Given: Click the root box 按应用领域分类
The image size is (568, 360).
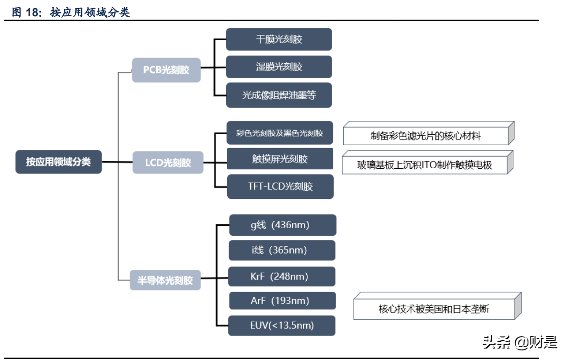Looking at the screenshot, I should coord(58,162).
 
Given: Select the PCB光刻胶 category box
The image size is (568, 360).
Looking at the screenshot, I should coord(166,70).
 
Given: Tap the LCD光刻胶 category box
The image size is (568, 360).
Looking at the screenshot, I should coord(168,163).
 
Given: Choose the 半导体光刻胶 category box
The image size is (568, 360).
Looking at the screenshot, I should coord(165,280).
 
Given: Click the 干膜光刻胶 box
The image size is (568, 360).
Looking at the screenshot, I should coord(279,39).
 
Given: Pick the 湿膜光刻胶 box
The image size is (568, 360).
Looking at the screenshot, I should coord(279,67).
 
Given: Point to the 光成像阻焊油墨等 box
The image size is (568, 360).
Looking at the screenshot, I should coord(279,95).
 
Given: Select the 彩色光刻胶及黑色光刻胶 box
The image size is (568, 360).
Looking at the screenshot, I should coord(279,133).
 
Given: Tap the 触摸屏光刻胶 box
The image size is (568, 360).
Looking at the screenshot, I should coord(280,159).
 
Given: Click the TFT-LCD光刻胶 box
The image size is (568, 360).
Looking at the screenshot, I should coord(280,186).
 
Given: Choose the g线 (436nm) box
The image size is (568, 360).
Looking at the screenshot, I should coord(282,225).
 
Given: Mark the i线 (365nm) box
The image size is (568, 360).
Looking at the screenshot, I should coord(282,250).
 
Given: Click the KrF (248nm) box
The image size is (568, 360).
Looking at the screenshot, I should coord(282,277).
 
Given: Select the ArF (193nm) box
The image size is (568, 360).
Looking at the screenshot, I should coord(282,301).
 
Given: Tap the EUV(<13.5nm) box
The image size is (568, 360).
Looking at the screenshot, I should coord(282,325).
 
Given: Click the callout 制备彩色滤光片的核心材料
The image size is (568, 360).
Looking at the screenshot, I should coord(426,136).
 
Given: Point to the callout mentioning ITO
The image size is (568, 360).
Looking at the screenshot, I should coord(425,165).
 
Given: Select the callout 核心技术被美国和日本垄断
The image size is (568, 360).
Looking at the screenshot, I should coord(434,309).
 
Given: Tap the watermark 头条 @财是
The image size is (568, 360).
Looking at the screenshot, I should coord(520,342).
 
